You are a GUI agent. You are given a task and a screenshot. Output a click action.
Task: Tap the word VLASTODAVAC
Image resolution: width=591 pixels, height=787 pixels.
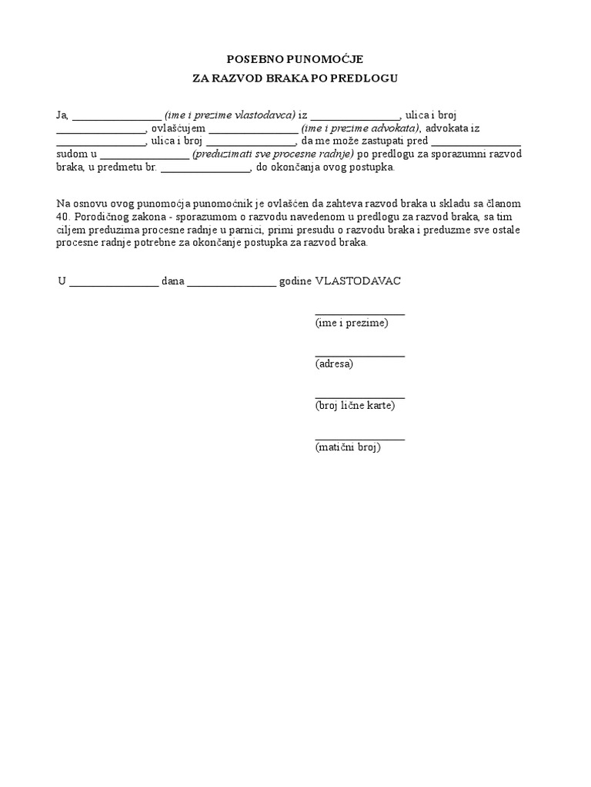pyautogui.click(x=358, y=281)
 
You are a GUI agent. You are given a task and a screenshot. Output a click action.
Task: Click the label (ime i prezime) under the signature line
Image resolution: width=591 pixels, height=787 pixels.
pyautogui.click(x=352, y=323)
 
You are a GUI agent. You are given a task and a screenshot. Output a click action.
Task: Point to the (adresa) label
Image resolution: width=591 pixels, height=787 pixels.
pyautogui.click(x=334, y=364)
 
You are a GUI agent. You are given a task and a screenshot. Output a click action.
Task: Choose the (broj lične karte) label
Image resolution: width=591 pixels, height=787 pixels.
pyautogui.click(x=355, y=405)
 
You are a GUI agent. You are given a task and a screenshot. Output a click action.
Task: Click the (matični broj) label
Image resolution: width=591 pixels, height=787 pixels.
pyautogui.click(x=348, y=447)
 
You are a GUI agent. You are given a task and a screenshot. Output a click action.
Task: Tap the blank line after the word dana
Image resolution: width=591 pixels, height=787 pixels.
pyautogui.click(x=231, y=283)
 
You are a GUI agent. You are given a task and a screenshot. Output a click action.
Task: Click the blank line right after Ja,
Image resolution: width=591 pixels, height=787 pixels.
pyautogui.click(x=116, y=118)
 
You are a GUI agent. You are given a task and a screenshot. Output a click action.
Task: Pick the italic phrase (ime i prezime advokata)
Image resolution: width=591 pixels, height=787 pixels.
pyautogui.click(x=360, y=128)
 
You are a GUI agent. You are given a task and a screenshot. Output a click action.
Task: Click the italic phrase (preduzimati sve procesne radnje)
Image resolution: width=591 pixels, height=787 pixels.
pyautogui.click(x=273, y=154)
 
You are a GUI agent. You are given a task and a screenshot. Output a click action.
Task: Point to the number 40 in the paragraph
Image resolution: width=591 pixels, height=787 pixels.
pyautogui.click(x=63, y=216)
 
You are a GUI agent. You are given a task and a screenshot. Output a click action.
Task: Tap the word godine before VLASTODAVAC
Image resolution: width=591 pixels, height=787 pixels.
pyautogui.click(x=295, y=281)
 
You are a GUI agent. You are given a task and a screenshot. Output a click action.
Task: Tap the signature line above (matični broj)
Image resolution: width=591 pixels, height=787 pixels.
pyautogui.click(x=359, y=439)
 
